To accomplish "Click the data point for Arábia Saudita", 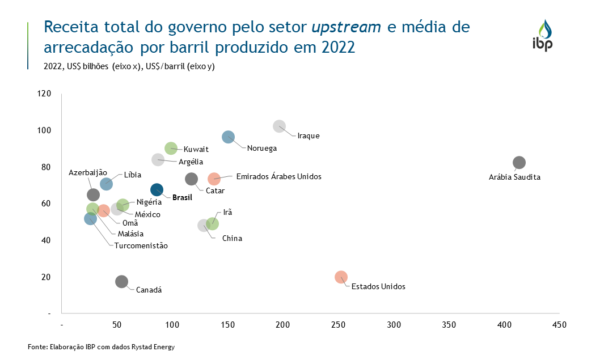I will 519,163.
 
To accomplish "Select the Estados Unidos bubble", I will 341,277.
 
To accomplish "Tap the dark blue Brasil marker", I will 157,190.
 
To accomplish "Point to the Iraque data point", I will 279,126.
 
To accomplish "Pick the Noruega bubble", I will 228,137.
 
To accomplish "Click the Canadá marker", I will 121,282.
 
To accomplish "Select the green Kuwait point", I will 171,149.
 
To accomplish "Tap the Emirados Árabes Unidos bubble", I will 214,179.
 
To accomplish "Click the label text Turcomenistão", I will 141,245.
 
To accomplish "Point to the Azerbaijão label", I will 88,172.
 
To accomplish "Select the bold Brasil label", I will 182,198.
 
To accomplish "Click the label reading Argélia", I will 191,162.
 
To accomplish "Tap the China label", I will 232,238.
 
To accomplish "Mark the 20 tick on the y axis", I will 47,277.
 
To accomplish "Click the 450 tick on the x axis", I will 559,325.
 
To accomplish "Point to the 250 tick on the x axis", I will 338,325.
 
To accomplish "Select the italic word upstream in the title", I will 346,27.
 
